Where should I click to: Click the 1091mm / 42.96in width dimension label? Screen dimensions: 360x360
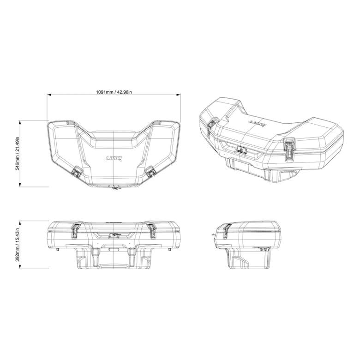pyautogui.click(x=114, y=92)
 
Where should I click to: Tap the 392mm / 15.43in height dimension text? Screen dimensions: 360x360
pyautogui.click(x=18, y=245)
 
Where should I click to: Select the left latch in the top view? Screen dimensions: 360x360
pyautogui.click(x=76, y=173)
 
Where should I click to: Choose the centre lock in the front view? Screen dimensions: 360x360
pyautogui.click(x=114, y=235)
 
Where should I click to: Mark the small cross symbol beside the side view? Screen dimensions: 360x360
pyautogui.click(x=213, y=235)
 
